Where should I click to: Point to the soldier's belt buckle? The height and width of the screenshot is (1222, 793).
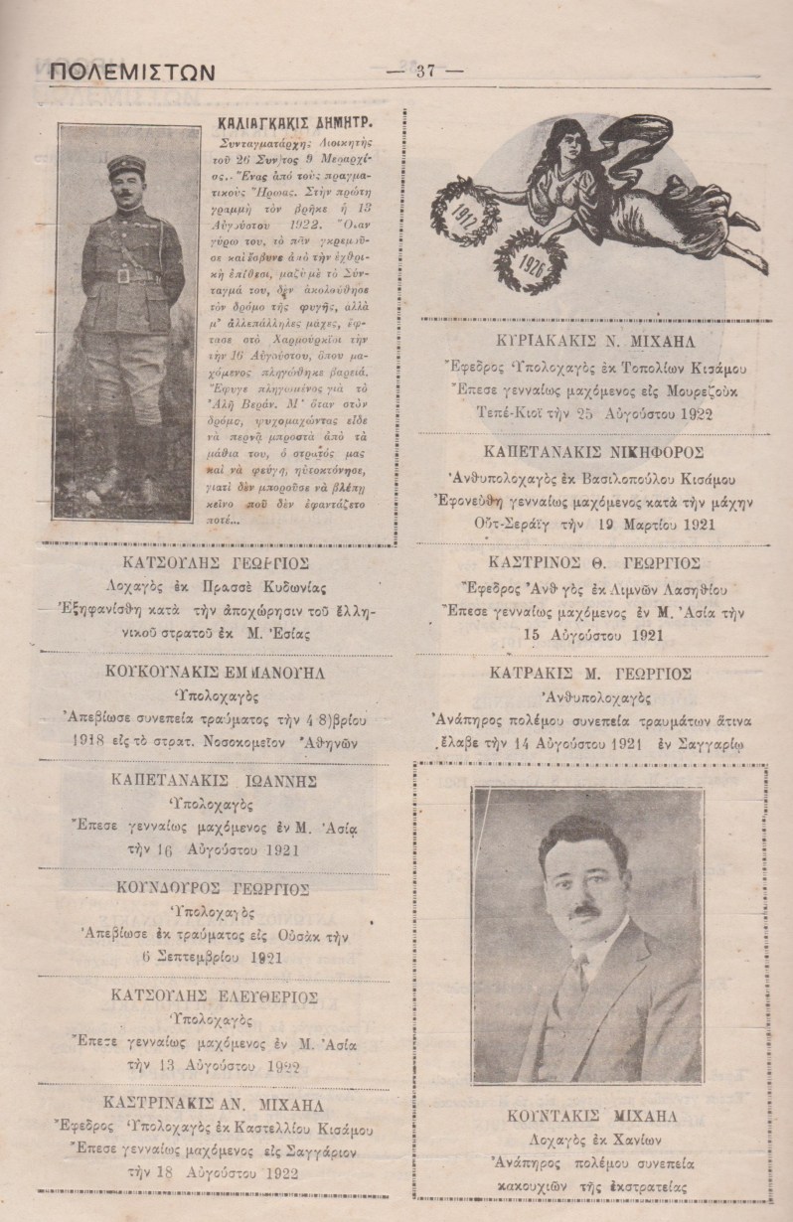tap(122, 277)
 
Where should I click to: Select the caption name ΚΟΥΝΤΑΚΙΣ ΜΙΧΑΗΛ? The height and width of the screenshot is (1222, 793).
tap(590, 1115)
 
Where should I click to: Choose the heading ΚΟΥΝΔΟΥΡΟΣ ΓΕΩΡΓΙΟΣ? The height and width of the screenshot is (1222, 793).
tap(211, 887)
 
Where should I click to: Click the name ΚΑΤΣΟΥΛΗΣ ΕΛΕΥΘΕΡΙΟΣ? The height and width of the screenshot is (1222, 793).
tap(209, 996)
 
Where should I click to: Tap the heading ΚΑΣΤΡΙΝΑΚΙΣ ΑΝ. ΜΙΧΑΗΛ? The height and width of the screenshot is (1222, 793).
tap(208, 1106)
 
